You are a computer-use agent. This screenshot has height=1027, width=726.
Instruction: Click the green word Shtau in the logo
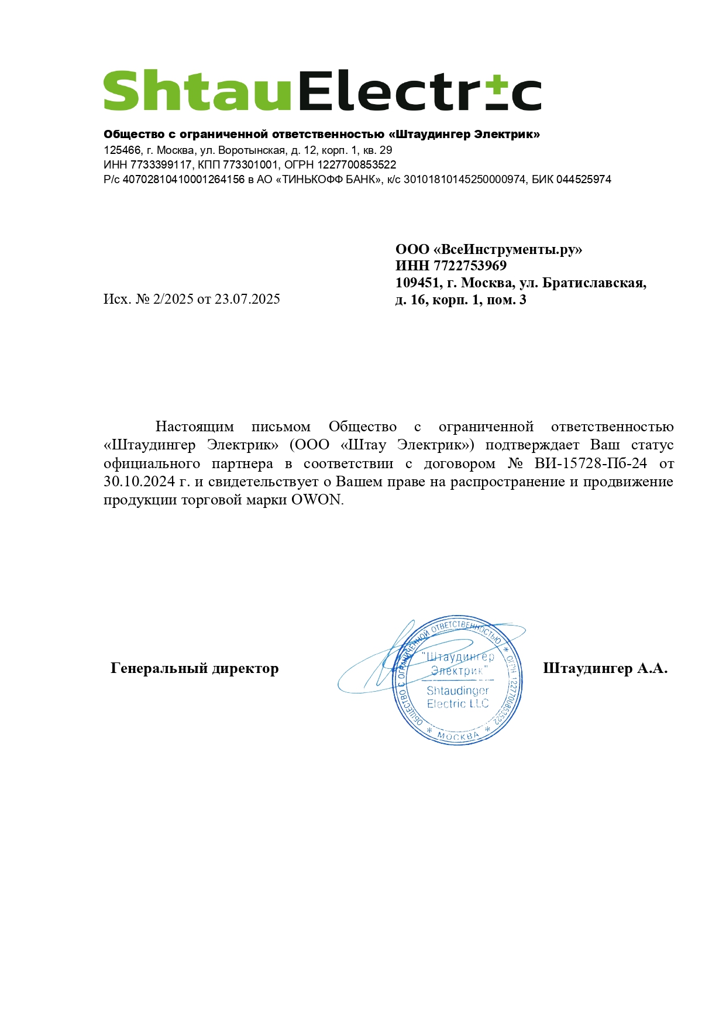pyautogui.click(x=197, y=91)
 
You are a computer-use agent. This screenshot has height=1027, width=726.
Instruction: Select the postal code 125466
pyautogui.click(x=122, y=150)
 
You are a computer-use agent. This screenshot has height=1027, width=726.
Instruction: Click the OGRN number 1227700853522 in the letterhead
pyautogui.click(x=357, y=165)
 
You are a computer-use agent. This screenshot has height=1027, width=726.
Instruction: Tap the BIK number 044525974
pyautogui.click(x=583, y=180)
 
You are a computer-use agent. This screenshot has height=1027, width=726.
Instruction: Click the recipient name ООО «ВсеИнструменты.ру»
pyautogui.click(x=488, y=249)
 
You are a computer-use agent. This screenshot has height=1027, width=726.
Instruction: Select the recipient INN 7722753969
pyautogui.click(x=470, y=266)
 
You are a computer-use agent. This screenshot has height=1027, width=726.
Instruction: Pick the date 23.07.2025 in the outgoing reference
pyautogui.click(x=247, y=299)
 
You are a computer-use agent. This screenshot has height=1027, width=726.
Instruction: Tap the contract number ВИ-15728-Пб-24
pyautogui.click(x=590, y=463)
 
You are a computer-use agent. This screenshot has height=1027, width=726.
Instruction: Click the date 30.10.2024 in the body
pyautogui.click(x=139, y=482)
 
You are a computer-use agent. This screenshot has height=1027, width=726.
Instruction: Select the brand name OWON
pyautogui.click(x=316, y=500)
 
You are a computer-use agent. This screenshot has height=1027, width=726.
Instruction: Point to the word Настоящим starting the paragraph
pyautogui.click(x=194, y=427)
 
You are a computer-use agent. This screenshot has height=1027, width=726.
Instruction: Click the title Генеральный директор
pyautogui.click(x=194, y=668)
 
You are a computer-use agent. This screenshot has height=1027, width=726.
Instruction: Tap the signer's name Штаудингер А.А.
pyautogui.click(x=605, y=668)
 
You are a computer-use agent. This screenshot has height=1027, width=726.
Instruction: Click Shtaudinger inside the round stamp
pyautogui.click(x=457, y=691)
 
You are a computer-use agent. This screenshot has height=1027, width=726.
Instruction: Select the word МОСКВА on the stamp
pyautogui.click(x=458, y=736)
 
